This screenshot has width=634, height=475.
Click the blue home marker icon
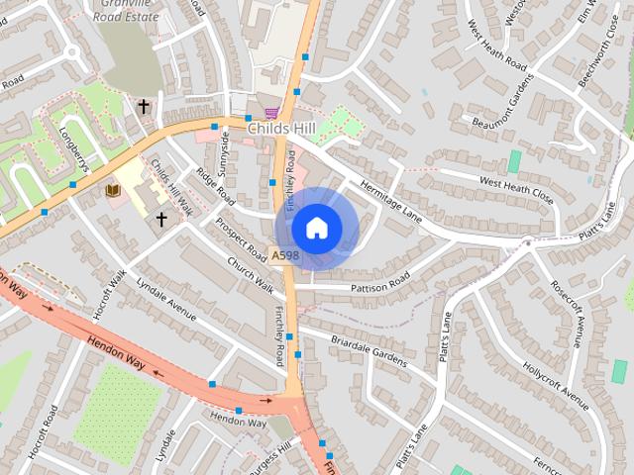click(316, 228)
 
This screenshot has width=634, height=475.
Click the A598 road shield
click(285, 255)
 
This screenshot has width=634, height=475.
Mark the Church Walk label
click(249, 275)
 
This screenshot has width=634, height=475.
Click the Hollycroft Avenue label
click(560, 379)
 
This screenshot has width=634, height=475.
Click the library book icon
click(112, 189)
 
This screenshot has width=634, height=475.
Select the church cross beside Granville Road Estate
click(144, 106)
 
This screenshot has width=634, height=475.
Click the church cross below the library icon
click(160, 219)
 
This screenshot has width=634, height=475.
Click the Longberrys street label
click(76, 148)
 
